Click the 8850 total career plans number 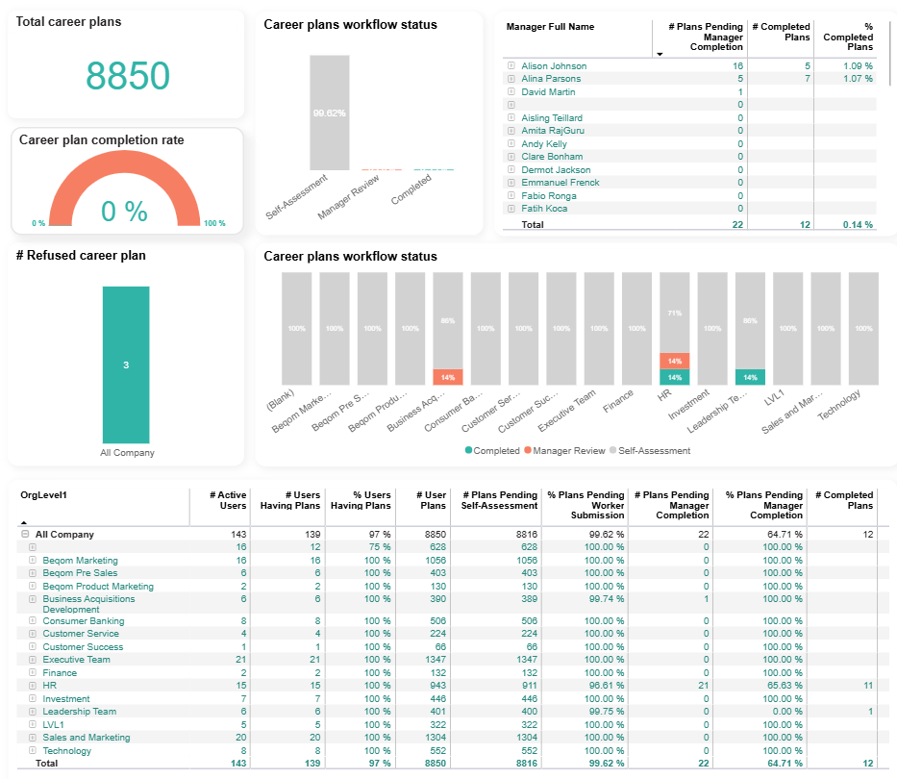coord(128,75)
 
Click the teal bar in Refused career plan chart coord(126,364)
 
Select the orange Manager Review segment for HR coord(674,361)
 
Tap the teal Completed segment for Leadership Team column coord(749,377)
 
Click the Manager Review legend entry coord(567,450)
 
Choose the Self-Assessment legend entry coord(654,450)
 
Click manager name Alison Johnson coord(554,66)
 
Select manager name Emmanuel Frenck coord(560,183)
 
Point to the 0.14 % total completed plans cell coord(854,225)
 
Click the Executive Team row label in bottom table coord(76,660)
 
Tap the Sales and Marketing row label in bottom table coord(86,738)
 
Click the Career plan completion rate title coord(102,140)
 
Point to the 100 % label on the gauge coord(214,224)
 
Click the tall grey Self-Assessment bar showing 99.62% coord(329,113)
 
